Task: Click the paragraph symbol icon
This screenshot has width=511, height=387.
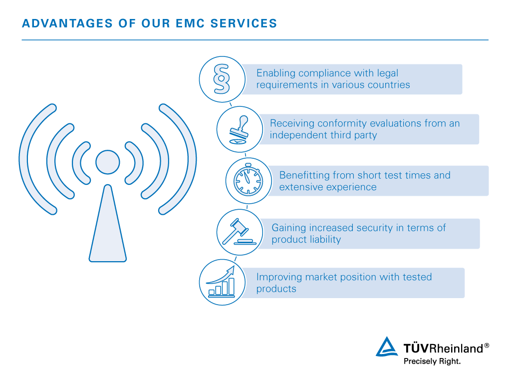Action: tap(222, 79)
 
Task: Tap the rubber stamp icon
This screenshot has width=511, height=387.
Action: tap(240, 129)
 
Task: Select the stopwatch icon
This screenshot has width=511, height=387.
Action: tap(249, 180)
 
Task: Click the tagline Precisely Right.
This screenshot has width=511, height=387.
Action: tap(432, 361)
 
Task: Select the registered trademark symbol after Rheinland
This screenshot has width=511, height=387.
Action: tap(487, 346)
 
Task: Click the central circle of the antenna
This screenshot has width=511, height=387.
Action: tap(108, 162)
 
